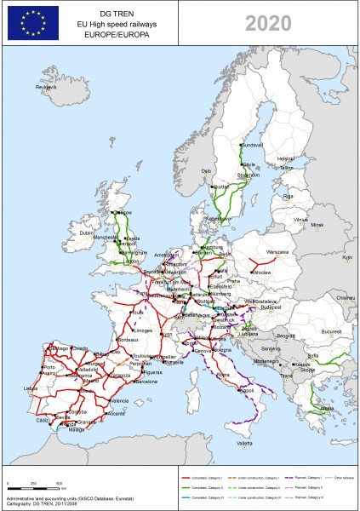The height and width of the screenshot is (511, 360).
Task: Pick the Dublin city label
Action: coord(86,233)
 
